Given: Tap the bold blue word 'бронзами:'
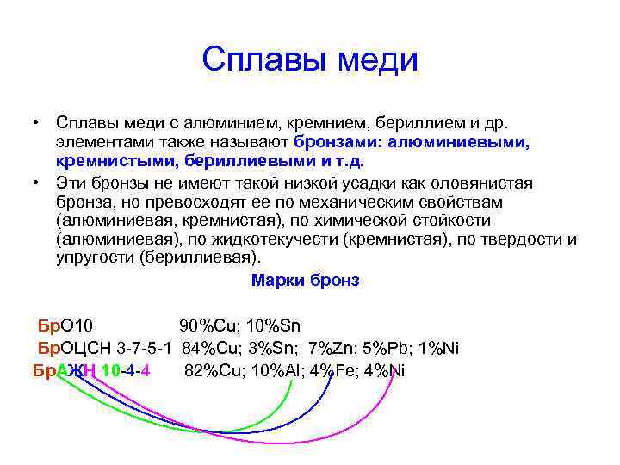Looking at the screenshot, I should click(x=341, y=141).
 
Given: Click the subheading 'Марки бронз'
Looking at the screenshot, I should click(x=305, y=281).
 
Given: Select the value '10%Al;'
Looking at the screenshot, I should click(x=275, y=371).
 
